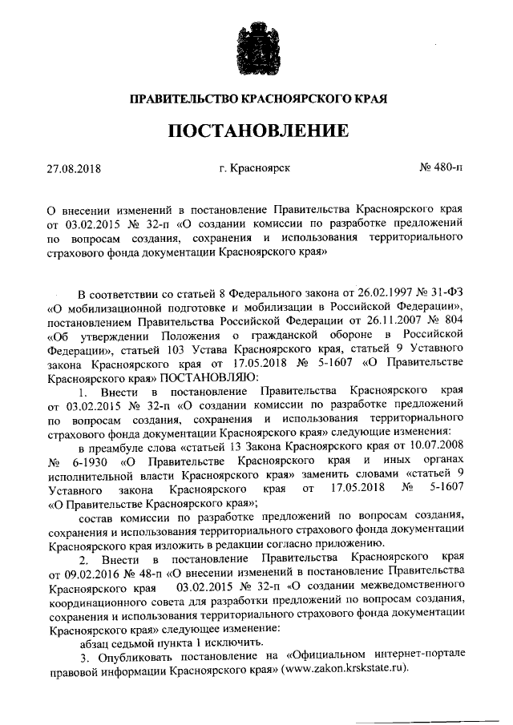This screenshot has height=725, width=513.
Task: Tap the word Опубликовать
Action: pos(134,654)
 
